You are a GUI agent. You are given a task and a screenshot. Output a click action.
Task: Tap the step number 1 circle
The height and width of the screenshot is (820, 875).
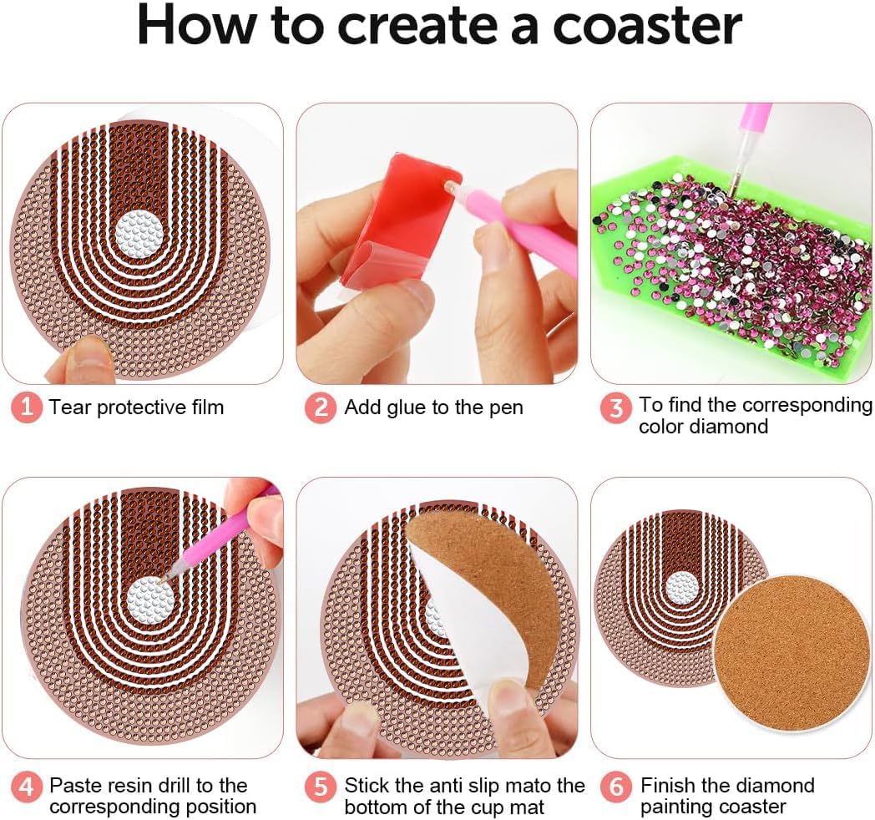(x=26, y=407)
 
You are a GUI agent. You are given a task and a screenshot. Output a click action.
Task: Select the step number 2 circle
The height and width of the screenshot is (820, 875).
(x=321, y=407)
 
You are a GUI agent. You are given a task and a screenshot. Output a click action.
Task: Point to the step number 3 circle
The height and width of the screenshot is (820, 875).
(x=615, y=408)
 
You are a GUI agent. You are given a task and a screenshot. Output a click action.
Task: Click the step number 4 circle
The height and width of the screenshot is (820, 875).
(x=26, y=787)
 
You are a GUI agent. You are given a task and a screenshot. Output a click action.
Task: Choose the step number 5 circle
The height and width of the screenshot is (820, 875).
(x=321, y=787)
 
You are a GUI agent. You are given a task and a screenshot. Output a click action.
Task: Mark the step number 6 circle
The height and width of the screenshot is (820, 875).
(x=616, y=787)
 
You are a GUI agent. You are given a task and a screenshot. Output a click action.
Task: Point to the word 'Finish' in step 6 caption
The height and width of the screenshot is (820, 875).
(x=668, y=786)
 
